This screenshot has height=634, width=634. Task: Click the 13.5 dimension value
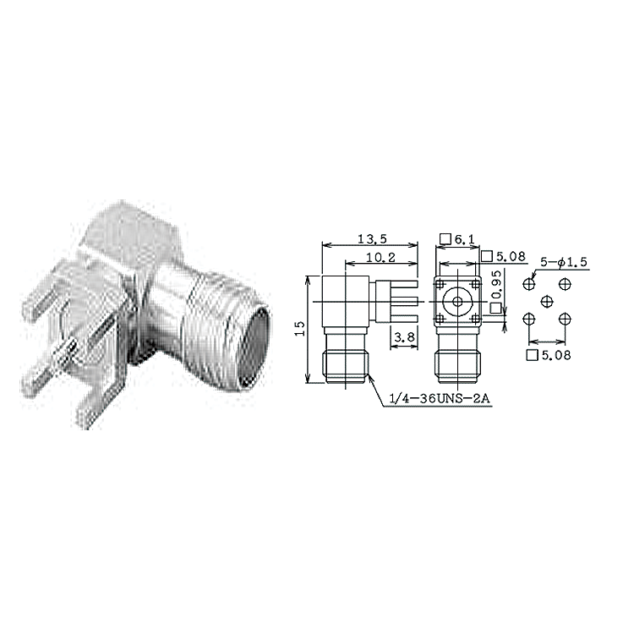coord(372,239)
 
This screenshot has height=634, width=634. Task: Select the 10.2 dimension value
coord(380,258)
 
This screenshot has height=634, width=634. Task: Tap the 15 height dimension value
coord(299,328)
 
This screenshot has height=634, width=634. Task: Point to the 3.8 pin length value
coord(404,336)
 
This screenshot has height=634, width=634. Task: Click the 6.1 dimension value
coord(465,240)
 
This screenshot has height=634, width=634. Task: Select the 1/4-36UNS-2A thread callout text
coord(439,399)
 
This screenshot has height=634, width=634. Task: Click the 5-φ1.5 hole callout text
coord(564,262)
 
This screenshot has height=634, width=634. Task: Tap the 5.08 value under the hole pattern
coord(556,355)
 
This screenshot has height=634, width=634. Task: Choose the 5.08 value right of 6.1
coord(511,256)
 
